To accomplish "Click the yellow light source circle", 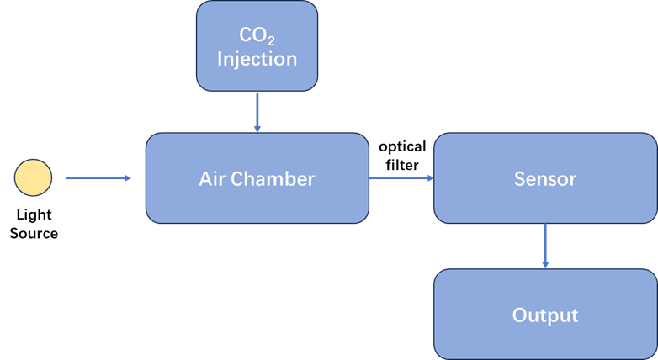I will point(34,177).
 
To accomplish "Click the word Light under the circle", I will point(34,215).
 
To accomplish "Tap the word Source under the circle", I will point(34,233).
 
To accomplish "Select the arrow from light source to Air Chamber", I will point(98,177).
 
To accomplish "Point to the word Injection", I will point(257,59).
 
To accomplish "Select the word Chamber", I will point(273,179).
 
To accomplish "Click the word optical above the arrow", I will point(402,146).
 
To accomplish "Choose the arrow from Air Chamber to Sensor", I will point(401,177).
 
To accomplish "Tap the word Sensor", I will point(545,179).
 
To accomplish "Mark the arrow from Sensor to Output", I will point(545,246).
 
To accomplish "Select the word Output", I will point(545,315).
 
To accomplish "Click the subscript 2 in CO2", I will point(271,41).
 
